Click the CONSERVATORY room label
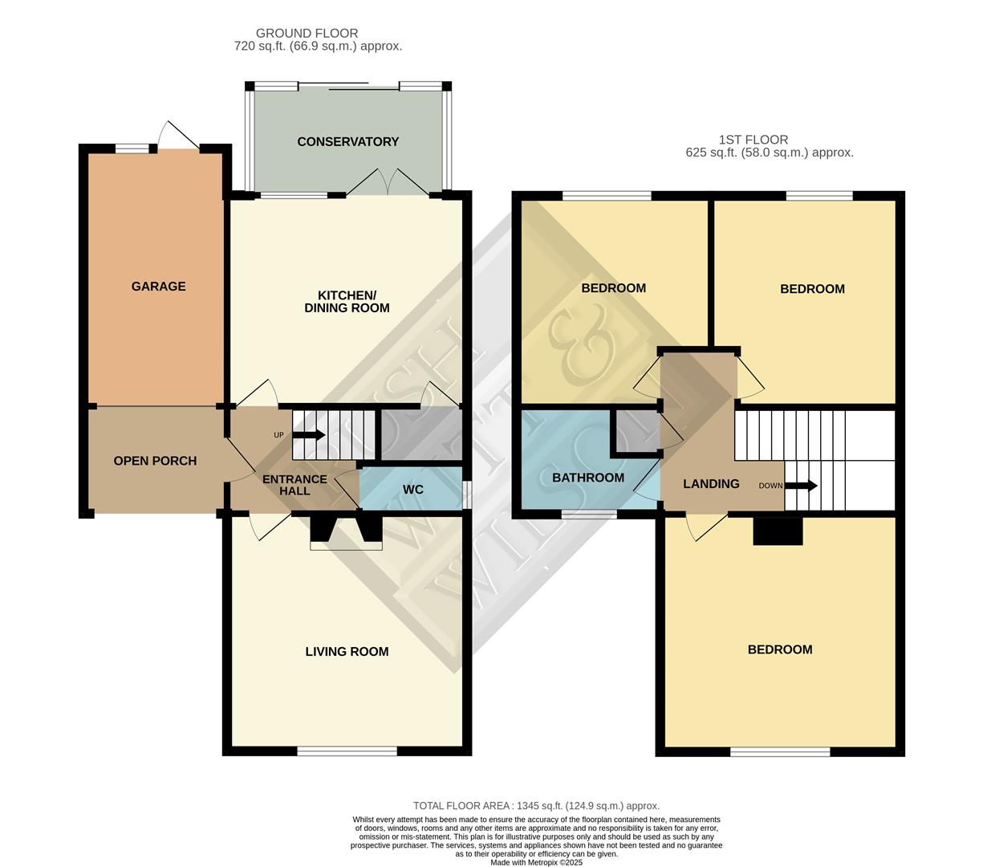click(x=347, y=142)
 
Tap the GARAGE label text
click(x=158, y=287)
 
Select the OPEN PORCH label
click(x=155, y=461)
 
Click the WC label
click(x=412, y=490)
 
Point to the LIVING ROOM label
click(x=347, y=652)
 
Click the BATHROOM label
click(x=587, y=478)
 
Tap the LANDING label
click(x=711, y=484)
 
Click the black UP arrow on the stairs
click(x=308, y=435)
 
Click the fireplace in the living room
click(x=347, y=533)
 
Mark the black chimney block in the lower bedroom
click(x=778, y=531)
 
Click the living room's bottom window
click(x=347, y=751)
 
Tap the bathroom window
click(x=589, y=514)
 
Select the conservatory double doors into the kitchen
click(x=387, y=185)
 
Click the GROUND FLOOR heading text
click(x=307, y=33)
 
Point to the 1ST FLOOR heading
click(x=753, y=140)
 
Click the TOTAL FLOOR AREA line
click(x=536, y=806)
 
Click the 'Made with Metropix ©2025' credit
click(x=536, y=863)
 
